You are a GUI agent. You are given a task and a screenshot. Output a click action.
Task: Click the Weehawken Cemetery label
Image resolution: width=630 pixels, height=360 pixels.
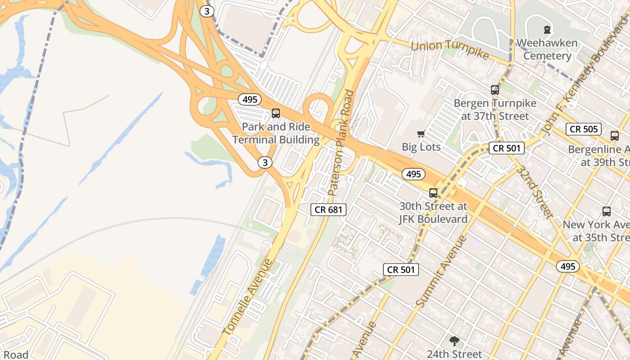547,49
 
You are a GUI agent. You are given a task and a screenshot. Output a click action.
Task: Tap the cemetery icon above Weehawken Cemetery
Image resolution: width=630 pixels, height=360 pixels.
547,30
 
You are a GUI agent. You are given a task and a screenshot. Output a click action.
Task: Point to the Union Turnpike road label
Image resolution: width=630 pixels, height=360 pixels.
450,49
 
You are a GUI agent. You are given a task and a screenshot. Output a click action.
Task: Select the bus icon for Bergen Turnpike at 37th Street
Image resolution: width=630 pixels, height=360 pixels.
495,90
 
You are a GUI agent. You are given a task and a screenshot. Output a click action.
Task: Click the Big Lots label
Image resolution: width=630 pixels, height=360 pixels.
421,147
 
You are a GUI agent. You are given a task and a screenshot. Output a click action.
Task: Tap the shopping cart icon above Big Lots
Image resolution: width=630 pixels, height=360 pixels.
421,134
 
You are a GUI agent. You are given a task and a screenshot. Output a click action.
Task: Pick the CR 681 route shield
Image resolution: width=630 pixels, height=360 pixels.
328,209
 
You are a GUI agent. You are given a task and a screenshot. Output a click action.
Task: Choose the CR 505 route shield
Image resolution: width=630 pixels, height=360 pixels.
584,129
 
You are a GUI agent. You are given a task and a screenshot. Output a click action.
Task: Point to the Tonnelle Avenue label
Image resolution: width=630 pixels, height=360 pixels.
247,297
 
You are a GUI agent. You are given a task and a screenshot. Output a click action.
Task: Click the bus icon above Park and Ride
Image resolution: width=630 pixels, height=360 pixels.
276,113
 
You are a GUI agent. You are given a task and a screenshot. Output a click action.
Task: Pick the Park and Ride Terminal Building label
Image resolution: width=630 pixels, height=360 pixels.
276,133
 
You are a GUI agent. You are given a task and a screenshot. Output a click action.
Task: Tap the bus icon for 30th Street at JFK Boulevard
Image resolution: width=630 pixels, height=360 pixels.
433,193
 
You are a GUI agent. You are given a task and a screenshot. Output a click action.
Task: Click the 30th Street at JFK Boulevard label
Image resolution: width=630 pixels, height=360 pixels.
433,213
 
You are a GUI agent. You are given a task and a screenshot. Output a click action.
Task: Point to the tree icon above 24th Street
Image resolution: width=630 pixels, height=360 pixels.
454,341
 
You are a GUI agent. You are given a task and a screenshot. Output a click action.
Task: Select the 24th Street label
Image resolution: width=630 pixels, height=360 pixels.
454,354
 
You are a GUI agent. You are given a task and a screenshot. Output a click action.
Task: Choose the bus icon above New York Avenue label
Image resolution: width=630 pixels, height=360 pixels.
607,211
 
